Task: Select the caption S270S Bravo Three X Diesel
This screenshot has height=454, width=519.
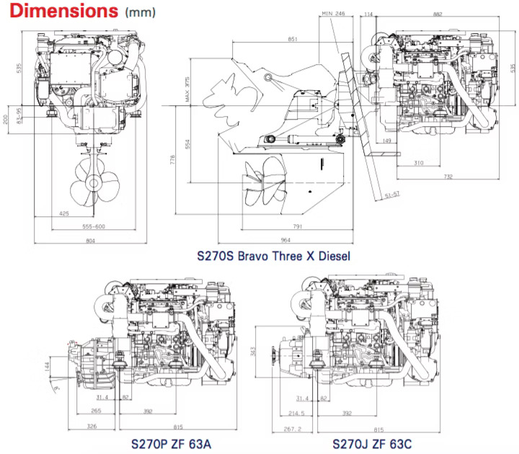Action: click(273, 255)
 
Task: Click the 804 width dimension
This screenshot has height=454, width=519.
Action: click(90, 241)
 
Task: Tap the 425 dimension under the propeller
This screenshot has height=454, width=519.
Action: click(65, 213)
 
